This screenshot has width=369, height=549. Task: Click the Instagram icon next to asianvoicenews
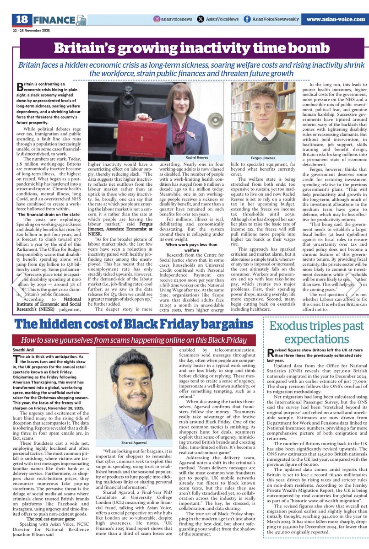pyautogui.click(x=157, y=19)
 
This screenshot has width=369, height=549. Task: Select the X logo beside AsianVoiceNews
pyautogui.click(x=201, y=19)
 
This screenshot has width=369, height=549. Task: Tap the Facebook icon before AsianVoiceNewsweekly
pyautogui.click(x=247, y=19)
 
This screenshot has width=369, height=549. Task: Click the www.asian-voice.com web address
pyautogui.click(x=335, y=19)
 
